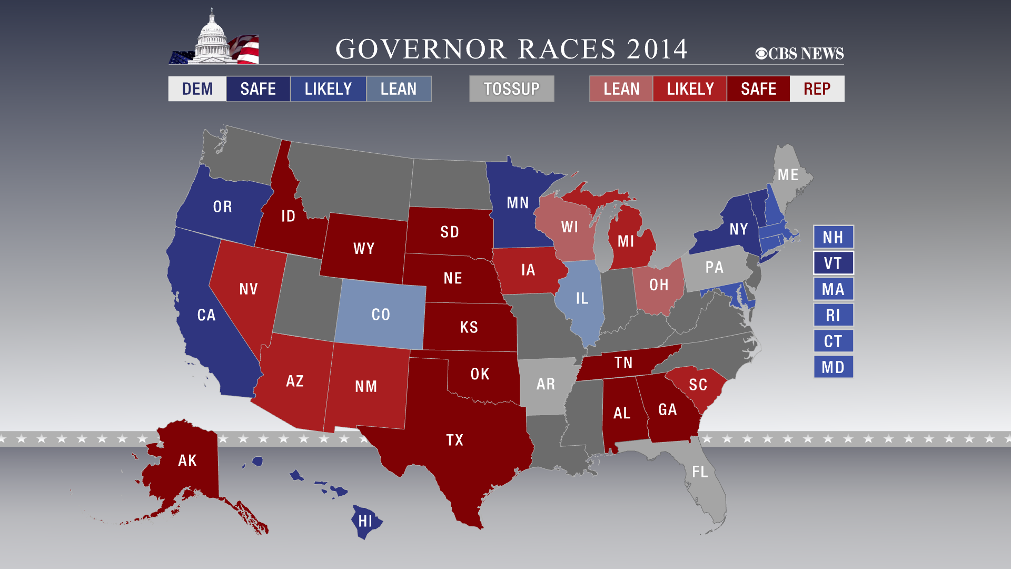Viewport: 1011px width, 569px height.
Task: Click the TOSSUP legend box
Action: [511, 89]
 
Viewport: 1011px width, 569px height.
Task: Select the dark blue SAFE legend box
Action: [258, 89]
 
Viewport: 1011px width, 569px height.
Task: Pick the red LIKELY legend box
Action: [690, 89]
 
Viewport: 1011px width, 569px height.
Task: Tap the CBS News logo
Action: [799, 53]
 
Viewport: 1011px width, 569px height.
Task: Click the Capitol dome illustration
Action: [213, 39]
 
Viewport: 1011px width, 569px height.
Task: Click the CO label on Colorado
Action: [381, 315]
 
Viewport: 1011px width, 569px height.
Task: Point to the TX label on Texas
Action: [455, 440]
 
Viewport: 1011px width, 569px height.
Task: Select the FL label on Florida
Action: [700, 472]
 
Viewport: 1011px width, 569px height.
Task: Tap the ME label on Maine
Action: [788, 175]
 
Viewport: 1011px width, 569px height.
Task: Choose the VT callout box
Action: [833, 263]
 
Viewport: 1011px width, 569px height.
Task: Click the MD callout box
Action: [833, 367]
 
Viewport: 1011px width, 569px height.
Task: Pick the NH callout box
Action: [833, 237]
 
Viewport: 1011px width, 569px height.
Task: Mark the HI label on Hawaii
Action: [365, 522]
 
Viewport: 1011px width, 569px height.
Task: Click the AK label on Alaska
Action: [187, 460]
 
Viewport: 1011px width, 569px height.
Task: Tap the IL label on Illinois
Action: [582, 299]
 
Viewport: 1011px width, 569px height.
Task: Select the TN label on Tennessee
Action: [623, 362]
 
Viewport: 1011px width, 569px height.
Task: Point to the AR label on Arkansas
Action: [546, 384]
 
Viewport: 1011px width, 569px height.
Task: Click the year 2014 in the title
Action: [657, 49]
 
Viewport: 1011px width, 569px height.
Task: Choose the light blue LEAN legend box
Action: [399, 89]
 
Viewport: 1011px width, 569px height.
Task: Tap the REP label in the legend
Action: [817, 89]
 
